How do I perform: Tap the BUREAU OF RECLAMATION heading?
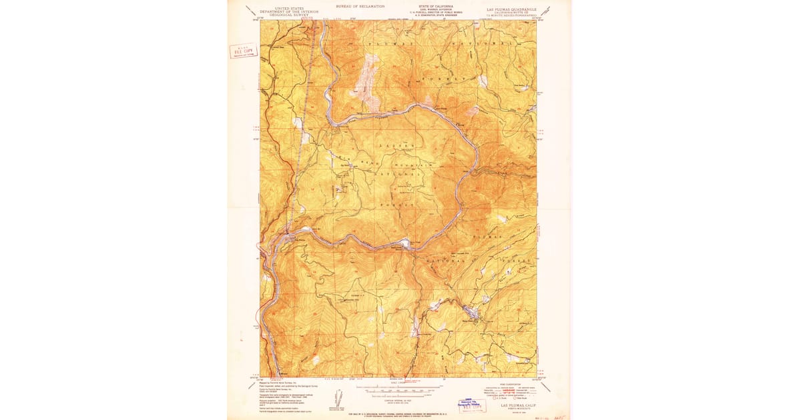click(x=360, y=6)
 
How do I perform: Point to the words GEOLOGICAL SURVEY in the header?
click(x=281, y=15)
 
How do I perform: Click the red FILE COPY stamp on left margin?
click(x=243, y=51)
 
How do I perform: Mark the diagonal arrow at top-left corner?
click(x=250, y=11)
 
